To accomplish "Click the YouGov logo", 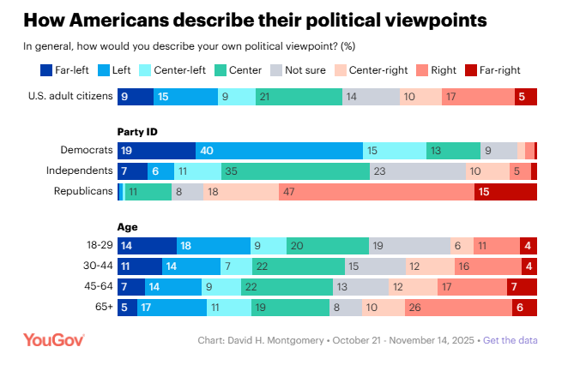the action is coord(54,340).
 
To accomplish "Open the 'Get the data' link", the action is coord(511,340).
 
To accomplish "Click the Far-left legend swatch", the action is coord(46,70).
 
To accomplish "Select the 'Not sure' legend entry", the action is coord(298,70).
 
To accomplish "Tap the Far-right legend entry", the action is coord(492,70).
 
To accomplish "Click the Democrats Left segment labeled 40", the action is coord(279,151).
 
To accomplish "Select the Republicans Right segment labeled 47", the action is coord(377,192).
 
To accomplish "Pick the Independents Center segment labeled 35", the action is coord(295,171).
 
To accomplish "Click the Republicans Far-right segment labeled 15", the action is coord(505,192).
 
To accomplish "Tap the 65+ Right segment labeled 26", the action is coord(459,308).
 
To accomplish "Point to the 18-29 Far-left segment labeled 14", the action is coord(148,246).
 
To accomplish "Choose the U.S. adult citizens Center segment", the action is coord(299,97).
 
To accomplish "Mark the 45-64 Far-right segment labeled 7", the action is coord(522,287).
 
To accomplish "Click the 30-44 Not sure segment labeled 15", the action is coord(376,266).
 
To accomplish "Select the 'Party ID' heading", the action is coord(137,132).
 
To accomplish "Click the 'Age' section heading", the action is coord(127,227).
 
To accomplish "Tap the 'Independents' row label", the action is coord(79,171).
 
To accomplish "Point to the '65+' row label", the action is coord(104,307).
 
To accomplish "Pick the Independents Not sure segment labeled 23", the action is coord(418,171).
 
